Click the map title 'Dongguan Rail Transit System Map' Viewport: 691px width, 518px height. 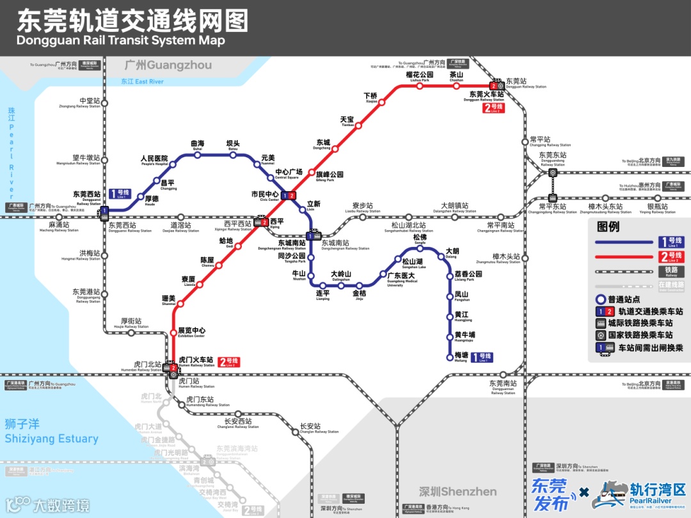pos(121,40)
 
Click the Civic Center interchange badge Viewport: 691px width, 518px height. pos(289,195)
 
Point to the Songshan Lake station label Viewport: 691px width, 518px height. pos(411,262)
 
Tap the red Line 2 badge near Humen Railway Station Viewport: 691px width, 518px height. pos(228,362)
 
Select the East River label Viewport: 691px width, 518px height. pos(142,82)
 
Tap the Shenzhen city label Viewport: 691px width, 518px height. pos(457,492)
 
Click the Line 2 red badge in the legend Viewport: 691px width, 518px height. pos(671,258)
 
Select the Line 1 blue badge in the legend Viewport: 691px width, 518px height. pos(671,242)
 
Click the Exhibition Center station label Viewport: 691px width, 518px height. pos(191,332)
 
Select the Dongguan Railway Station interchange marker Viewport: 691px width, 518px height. pos(495,86)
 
